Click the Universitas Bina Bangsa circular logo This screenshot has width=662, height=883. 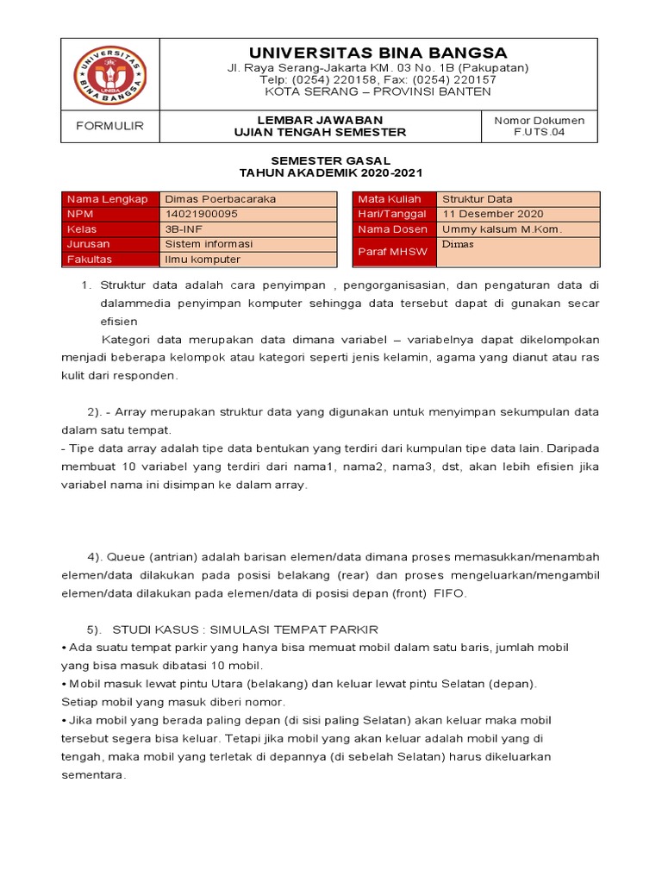[x=109, y=75]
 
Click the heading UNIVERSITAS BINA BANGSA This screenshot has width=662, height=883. [x=378, y=53]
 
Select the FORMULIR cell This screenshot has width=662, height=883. [x=109, y=126]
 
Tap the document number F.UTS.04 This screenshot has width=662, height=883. [x=539, y=133]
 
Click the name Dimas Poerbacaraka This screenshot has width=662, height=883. [x=221, y=199]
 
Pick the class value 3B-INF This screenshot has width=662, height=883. [x=184, y=229]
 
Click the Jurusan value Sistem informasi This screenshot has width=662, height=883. [x=209, y=244]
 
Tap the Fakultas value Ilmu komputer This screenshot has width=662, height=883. [x=203, y=260]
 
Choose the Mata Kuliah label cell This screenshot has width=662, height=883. [x=390, y=199]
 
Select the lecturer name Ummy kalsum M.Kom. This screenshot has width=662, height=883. [x=502, y=229]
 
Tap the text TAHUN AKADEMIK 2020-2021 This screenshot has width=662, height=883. [x=331, y=173]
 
